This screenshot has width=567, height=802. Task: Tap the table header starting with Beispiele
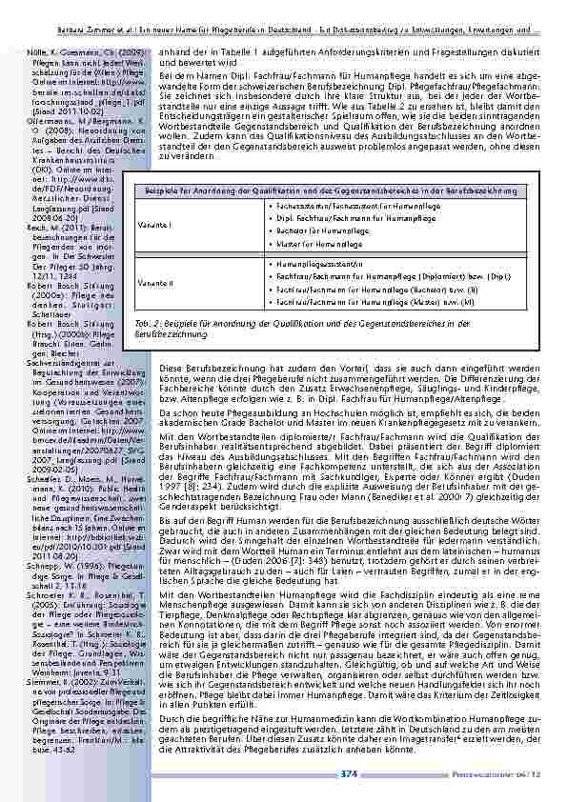click(x=344, y=190)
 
